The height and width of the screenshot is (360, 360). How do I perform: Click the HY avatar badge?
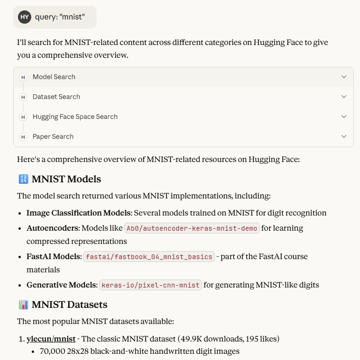point(25,17)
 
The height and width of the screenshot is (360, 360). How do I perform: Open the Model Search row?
point(54,77)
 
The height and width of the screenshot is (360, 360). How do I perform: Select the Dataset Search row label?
point(56,97)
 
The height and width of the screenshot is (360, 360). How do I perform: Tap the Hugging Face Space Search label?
point(75,117)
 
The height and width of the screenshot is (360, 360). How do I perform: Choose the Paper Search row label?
point(53,136)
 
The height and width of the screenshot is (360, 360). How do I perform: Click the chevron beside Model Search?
point(344,77)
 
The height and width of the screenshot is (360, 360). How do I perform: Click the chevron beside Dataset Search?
point(344,97)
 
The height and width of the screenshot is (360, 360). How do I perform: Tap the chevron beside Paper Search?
point(344,136)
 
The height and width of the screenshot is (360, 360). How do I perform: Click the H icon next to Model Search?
point(23,77)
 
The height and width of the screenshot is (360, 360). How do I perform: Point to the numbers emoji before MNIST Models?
point(23,179)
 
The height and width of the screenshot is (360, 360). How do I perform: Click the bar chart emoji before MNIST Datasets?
point(23,304)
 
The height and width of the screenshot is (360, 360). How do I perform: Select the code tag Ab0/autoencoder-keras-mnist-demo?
point(192,228)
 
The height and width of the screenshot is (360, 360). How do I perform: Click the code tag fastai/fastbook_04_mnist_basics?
point(149,257)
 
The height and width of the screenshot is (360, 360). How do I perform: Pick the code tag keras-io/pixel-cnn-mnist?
point(150,285)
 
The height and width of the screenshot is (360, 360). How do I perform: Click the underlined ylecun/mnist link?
point(51,339)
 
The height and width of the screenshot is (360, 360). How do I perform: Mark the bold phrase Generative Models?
point(61,285)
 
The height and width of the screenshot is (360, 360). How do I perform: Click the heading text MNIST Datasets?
point(70,304)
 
